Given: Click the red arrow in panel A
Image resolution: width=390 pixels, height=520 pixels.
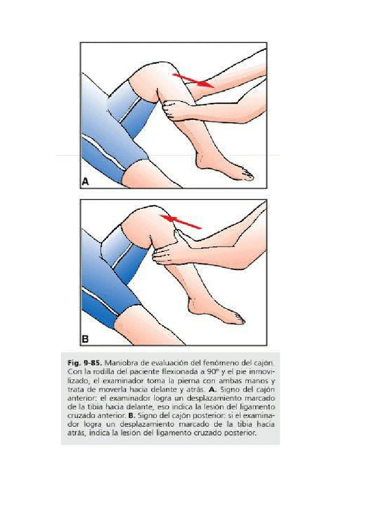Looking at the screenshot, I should point(192,80).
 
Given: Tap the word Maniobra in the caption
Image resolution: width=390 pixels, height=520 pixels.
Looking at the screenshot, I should point(124,363).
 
